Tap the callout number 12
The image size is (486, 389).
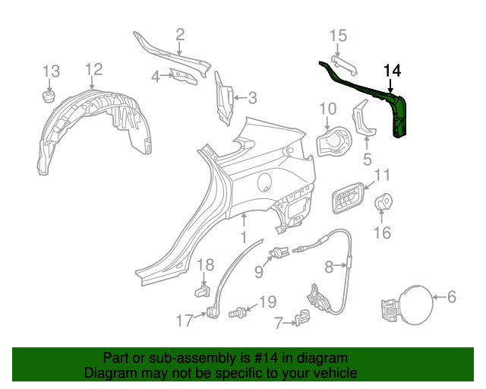point(93,70)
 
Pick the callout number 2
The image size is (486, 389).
point(180,33)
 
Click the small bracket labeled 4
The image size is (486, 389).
point(181,76)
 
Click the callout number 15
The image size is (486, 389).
point(338,35)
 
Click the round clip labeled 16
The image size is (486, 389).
point(384,203)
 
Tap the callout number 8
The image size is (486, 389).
point(330,267)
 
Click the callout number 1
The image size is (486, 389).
point(244,239)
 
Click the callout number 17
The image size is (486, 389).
point(185,321)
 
